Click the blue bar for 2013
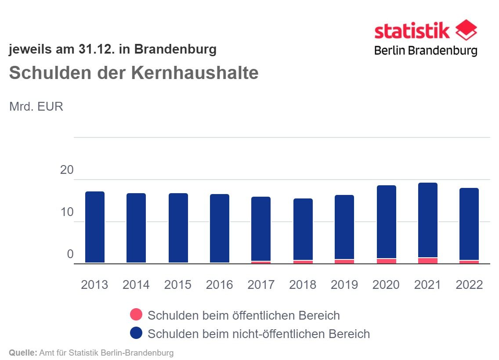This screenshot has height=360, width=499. click(94, 227)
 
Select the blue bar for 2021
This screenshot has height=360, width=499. click(427, 220)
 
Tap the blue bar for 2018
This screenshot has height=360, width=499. click(303, 229)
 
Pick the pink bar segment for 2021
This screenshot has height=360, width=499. click(427, 260)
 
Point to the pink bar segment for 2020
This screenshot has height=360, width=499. click(386, 261)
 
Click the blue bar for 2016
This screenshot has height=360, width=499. click(219, 228)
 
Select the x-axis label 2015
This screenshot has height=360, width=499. click(177, 284)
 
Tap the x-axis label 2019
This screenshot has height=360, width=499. click(344, 284)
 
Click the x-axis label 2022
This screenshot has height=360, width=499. click(469, 284)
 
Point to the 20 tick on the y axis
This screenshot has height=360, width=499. click(67, 170)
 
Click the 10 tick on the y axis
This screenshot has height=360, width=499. click(67, 212)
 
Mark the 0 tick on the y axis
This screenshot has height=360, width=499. click(70, 255)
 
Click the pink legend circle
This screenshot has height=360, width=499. click(136, 315)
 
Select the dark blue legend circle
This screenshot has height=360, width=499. click(136, 333)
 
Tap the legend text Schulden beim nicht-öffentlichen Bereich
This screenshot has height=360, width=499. click(259, 334)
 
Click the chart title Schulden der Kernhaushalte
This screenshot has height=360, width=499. click(134, 73)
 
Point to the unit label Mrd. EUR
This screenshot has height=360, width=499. click(36, 107)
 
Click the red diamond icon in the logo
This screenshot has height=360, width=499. click(466, 30)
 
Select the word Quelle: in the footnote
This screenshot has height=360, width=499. click(23, 353)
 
